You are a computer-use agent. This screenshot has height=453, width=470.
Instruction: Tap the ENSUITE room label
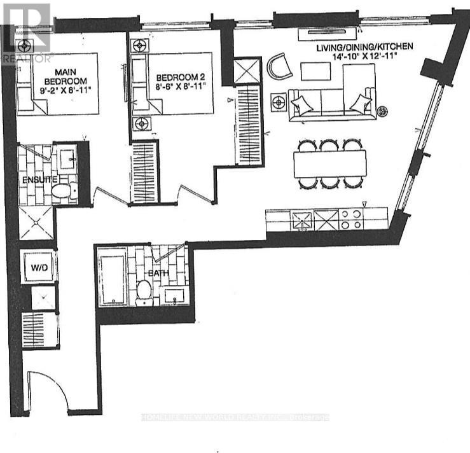click(36, 180)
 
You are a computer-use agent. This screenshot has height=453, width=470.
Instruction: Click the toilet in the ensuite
click(64, 190)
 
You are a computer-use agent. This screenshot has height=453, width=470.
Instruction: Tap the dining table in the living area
click(330, 164)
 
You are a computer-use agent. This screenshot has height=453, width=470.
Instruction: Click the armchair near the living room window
click(279, 66)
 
